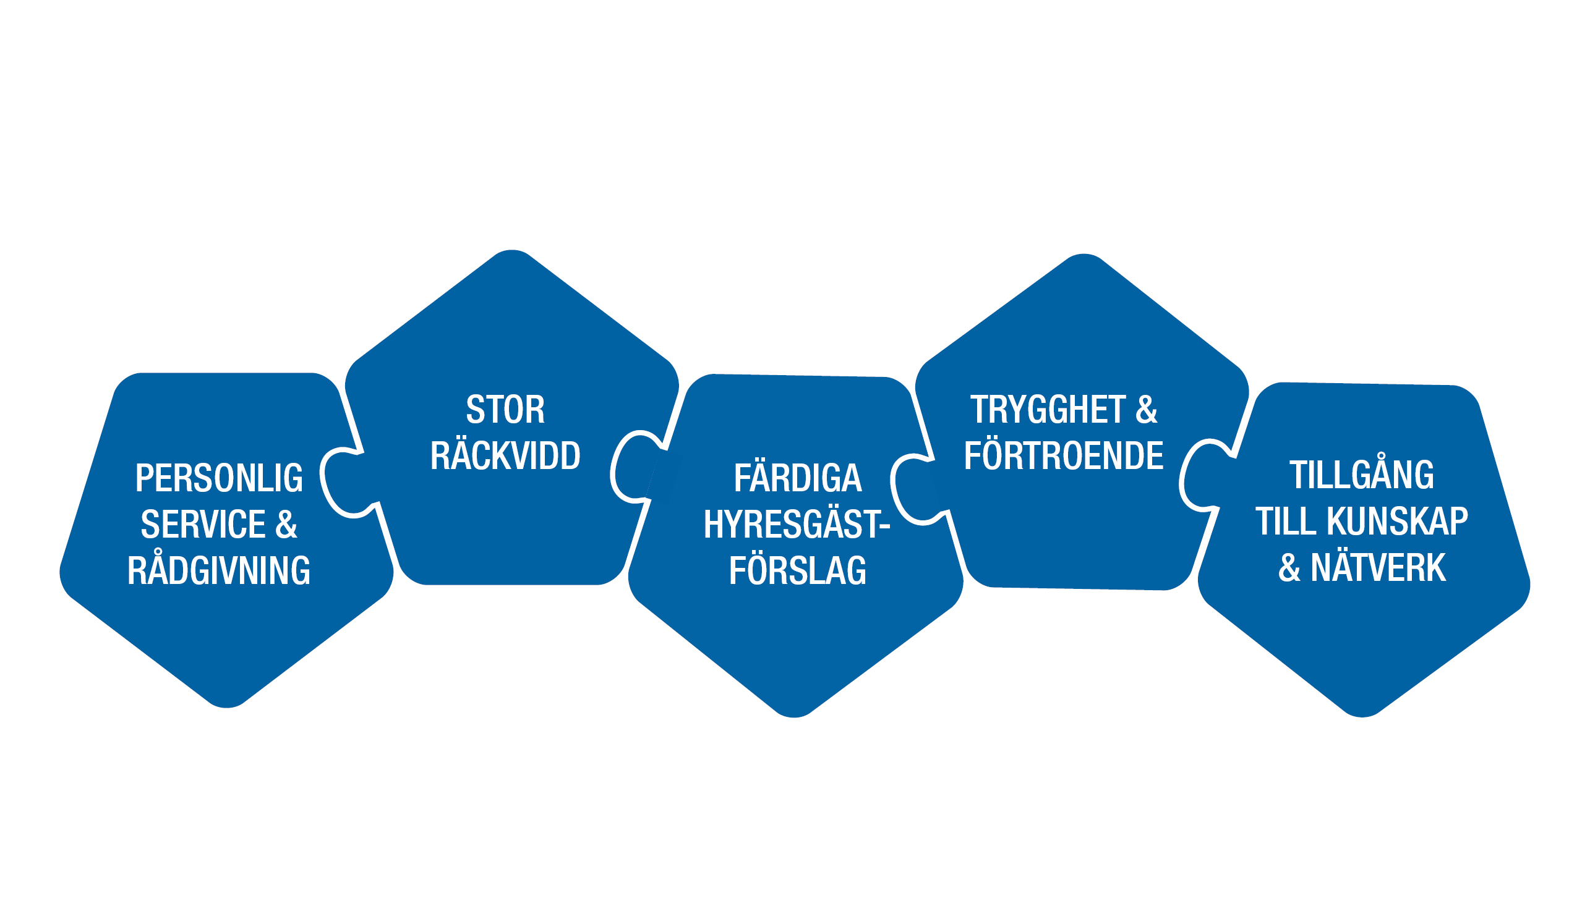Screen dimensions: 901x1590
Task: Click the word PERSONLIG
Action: coord(218,478)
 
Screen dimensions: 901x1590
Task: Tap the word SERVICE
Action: coord(203,525)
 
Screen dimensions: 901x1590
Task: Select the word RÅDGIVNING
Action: coord(218,570)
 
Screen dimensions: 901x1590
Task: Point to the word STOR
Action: coord(505,410)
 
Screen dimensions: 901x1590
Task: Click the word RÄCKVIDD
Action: coord(505,456)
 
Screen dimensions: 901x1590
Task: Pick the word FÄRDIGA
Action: coord(798,478)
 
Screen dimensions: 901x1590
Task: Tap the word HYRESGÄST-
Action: coord(797,525)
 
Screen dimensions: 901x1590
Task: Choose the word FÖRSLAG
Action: coord(798,570)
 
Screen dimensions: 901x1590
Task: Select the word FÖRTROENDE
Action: coord(1064,456)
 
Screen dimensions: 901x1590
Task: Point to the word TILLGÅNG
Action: coord(1362,475)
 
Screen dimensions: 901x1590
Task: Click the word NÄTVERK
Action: coord(1378,567)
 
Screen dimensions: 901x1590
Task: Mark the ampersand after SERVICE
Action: coord(286,525)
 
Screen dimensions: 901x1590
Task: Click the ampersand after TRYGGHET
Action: coord(1147,410)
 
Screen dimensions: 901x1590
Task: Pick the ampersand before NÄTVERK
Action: coord(1289,567)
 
